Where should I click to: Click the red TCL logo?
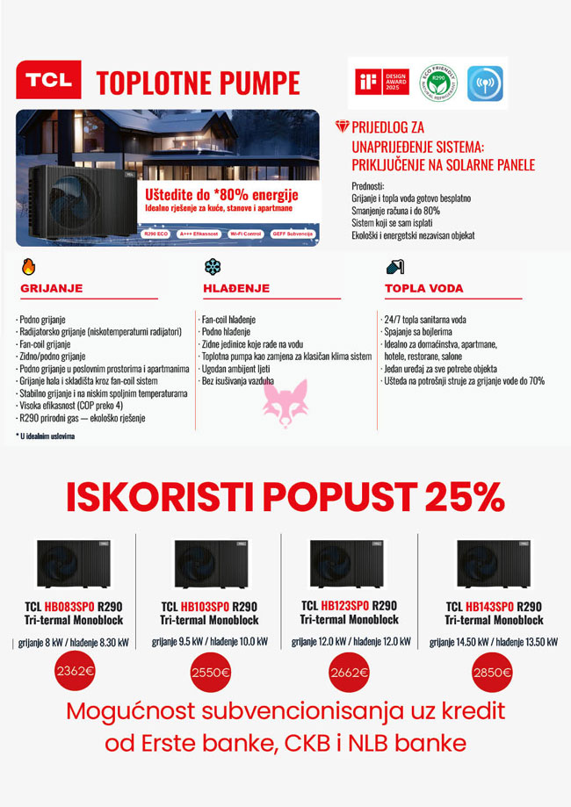pos(48,79)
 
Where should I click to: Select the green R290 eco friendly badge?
pos(437,83)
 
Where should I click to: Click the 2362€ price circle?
pos(75,673)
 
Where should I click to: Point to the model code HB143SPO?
pos(492,607)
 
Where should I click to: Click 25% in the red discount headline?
pos(464,498)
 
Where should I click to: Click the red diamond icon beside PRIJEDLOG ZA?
pos(343,127)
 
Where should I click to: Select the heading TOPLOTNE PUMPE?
pos(198,83)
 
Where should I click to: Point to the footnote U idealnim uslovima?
pos(46,436)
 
